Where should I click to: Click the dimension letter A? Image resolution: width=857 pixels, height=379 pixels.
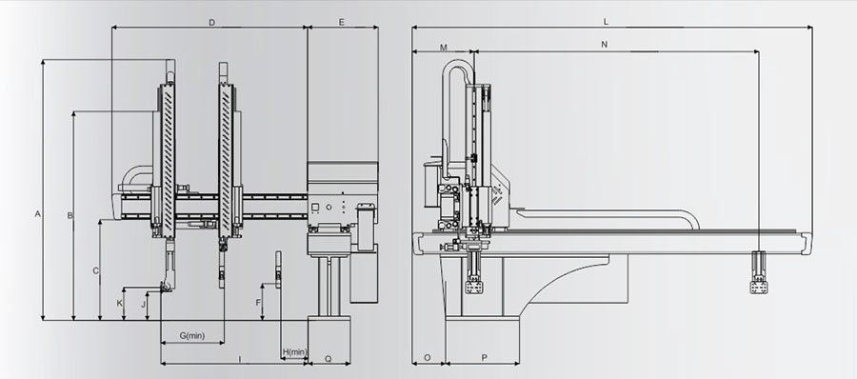pos(38,214)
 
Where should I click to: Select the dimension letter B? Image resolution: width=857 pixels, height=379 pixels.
pos(70,215)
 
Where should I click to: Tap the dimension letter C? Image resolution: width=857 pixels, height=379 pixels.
pos(96,270)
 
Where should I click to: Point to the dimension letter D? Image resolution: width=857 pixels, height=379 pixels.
pos(212,23)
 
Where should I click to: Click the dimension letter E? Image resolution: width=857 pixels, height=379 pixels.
pos(342,23)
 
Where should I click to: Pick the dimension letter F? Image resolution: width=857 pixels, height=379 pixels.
pos(258,303)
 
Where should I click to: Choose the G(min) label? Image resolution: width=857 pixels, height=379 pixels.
pos(191,335)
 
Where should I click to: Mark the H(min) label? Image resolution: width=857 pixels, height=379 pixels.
pos(294,351)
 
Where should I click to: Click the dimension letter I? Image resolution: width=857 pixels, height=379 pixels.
pos(240,359)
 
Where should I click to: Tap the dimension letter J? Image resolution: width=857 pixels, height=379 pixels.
pos(145,303)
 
